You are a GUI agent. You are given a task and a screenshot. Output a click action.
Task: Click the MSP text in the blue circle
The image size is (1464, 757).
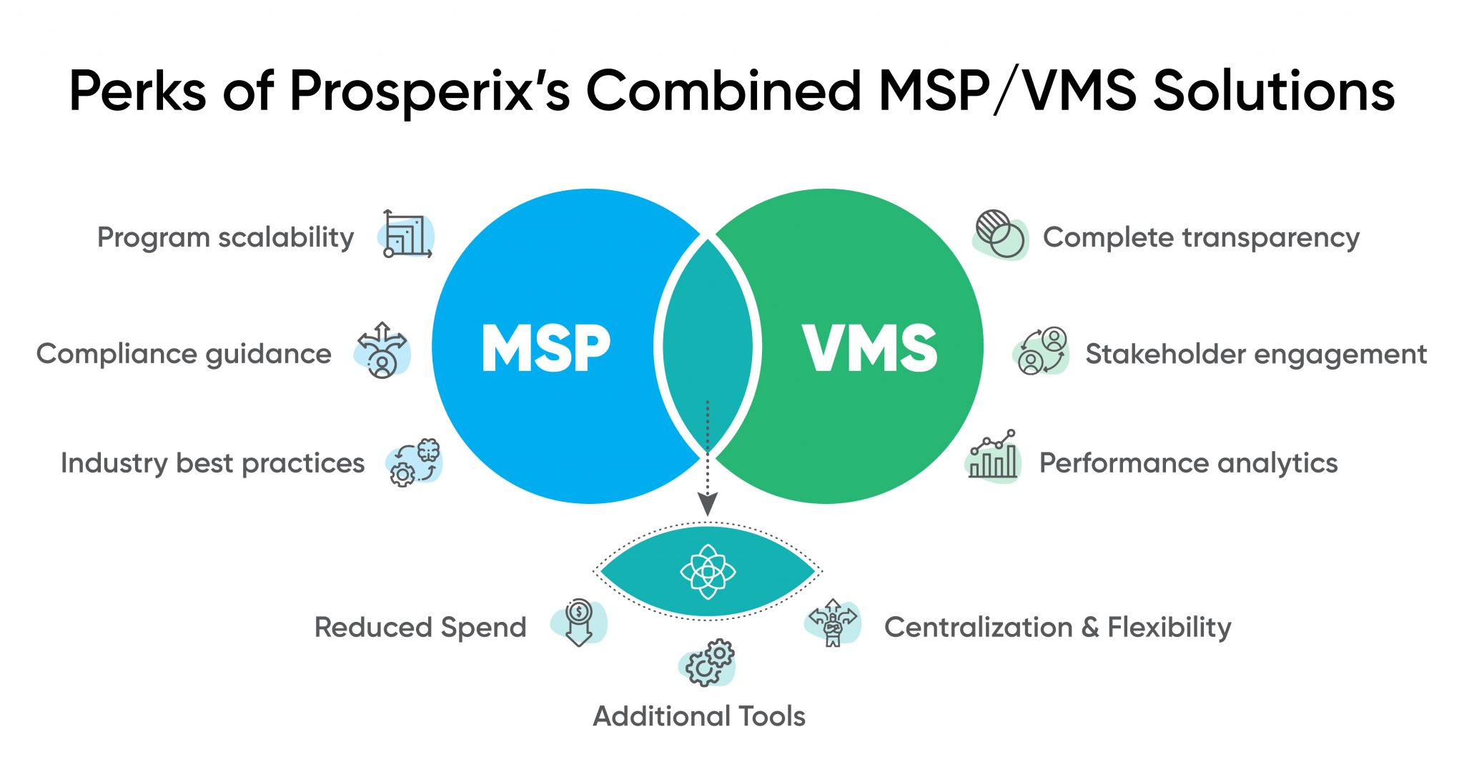(x=546, y=348)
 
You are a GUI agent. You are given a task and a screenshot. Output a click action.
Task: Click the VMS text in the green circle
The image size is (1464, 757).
(x=869, y=348)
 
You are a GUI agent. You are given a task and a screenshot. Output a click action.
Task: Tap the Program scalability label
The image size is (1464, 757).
(x=225, y=237)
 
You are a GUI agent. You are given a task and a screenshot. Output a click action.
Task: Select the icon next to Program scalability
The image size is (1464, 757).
(x=407, y=234)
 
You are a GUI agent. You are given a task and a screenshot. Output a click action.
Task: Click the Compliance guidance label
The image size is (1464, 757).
(x=184, y=354)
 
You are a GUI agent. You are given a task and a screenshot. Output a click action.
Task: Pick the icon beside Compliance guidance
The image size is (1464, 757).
(x=382, y=350)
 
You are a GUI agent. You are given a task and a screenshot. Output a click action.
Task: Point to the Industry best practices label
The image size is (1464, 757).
(x=212, y=463)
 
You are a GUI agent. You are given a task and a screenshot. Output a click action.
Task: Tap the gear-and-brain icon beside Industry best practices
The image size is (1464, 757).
(x=415, y=463)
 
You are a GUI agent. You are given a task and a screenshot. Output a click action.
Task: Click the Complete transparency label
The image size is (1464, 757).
(x=1201, y=237)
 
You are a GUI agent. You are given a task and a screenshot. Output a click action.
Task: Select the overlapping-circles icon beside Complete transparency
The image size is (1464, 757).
(x=1000, y=234)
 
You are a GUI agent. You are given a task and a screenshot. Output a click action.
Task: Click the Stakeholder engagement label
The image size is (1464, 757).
(x=1256, y=354)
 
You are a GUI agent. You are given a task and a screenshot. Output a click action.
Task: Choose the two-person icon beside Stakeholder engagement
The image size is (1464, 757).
(x=1041, y=350)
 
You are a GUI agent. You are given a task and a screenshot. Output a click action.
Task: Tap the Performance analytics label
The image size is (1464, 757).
(x=1188, y=463)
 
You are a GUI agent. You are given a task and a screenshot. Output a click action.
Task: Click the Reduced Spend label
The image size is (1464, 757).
(x=420, y=628)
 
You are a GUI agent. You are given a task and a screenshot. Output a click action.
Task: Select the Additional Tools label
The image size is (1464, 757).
(x=699, y=716)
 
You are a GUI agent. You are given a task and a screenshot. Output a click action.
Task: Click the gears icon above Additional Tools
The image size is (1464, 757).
(x=707, y=663)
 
